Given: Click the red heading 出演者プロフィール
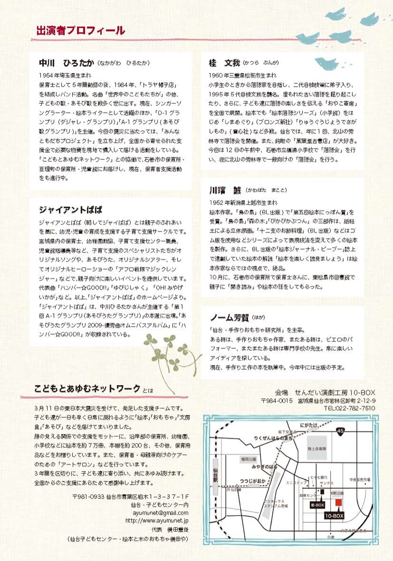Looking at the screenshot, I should click(x=81, y=30).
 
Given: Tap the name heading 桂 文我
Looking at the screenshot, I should click(x=225, y=63).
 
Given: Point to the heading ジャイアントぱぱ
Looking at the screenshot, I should click(x=71, y=210).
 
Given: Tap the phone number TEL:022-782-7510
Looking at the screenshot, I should click(x=349, y=408).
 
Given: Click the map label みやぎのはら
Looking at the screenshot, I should click(x=266, y=467).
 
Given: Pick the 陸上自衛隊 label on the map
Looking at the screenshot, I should click(x=317, y=448).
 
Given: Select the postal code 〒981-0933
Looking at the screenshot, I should click(x=88, y=497).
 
